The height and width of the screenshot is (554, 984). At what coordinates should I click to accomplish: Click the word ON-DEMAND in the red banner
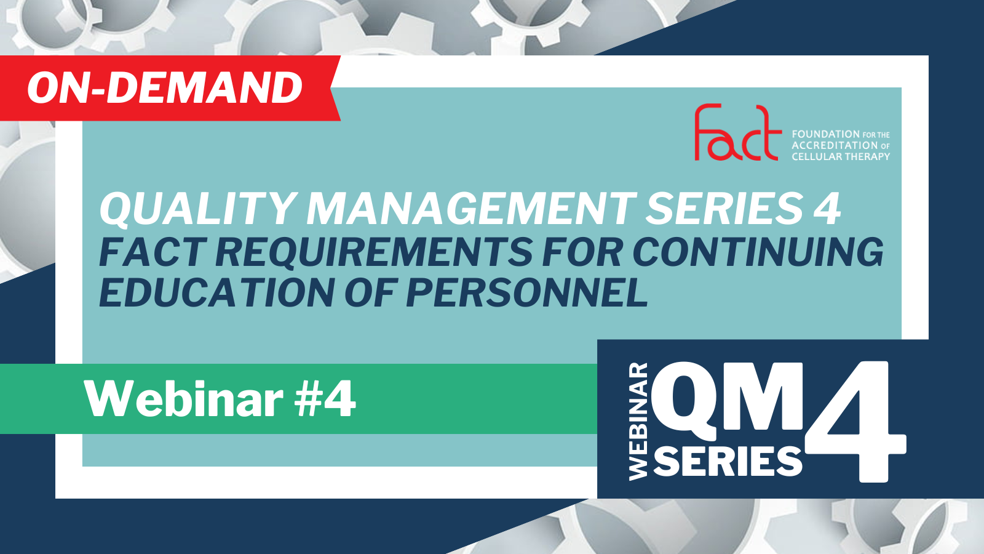(165, 88)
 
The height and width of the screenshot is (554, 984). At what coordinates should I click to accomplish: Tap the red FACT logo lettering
(738, 132)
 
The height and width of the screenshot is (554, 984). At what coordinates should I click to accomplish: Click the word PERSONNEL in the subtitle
(527, 292)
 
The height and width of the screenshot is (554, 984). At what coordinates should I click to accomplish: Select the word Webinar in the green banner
(184, 399)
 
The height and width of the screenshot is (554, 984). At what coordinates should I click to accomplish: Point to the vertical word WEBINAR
(638, 421)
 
